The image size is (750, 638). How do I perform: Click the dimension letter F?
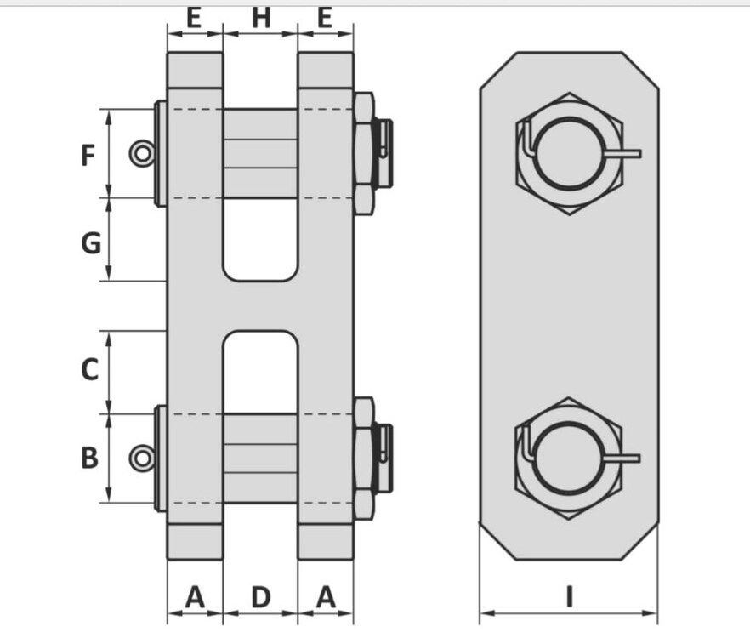click(x=88, y=155)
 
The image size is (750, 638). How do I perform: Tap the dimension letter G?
click(x=91, y=242)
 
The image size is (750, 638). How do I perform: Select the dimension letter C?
click(x=90, y=369)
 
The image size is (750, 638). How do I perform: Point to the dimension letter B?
click(x=90, y=458)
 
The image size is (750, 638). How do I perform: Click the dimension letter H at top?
click(x=261, y=18)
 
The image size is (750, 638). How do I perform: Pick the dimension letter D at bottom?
click(x=261, y=597)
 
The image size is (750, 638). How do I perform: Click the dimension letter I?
click(x=569, y=597)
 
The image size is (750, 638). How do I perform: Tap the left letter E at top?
click(x=193, y=18)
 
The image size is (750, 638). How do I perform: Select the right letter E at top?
click(x=325, y=18)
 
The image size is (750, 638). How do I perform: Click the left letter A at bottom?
click(x=195, y=597)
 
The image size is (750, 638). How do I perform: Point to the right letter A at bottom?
click(x=326, y=597)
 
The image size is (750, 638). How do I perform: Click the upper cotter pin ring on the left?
click(x=135, y=154)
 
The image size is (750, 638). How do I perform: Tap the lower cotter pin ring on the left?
click(x=135, y=458)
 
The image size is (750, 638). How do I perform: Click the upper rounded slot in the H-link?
click(x=260, y=239)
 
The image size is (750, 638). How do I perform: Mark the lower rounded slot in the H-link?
click(x=260, y=372)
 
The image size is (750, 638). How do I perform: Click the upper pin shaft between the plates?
click(x=260, y=154)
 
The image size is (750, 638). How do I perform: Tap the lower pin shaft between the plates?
click(x=260, y=459)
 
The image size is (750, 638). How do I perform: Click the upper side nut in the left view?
click(x=364, y=154)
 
